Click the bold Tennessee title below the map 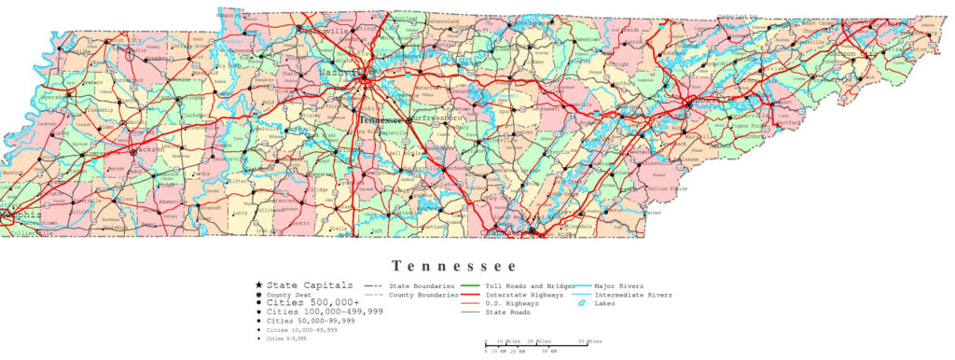452,266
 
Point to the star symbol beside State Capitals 257,284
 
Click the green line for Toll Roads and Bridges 471,285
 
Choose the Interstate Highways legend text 526,295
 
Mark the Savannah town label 210,207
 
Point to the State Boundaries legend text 422,285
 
